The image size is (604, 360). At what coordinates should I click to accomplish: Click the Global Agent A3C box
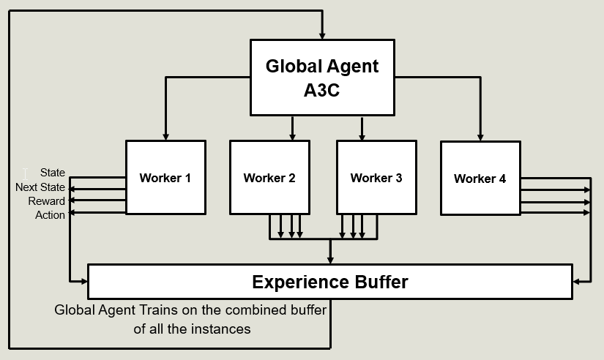(322, 77)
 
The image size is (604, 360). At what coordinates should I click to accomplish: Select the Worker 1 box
(165, 178)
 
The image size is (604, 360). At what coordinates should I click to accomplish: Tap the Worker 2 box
(269, 178)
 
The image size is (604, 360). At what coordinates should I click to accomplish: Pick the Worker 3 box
(376, 178)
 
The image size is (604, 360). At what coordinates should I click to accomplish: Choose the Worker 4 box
(480, 178)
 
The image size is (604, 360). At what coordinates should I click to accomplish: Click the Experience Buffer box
(329, 282)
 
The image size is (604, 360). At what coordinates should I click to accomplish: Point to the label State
(53, 173)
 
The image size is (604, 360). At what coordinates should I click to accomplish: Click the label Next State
(40, 187)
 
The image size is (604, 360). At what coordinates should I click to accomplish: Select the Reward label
(47, 201)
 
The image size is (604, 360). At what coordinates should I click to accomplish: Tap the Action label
(50, 215)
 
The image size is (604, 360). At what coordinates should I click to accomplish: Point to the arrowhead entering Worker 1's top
(166, 136)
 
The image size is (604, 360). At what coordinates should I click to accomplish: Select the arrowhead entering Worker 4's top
(481, 136)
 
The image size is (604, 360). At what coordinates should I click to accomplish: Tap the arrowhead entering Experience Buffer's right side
(576, 281)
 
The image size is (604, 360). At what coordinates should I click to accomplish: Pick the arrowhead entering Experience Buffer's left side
(83, 281)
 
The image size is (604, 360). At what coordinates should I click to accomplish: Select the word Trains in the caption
(154, 310)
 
